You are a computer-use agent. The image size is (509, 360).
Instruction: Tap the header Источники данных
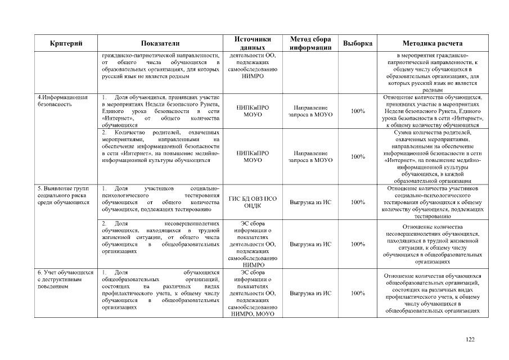click(253, 43)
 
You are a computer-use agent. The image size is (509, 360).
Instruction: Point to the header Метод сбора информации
click(310, 43)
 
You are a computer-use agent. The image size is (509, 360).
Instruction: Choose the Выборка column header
click(357, 43)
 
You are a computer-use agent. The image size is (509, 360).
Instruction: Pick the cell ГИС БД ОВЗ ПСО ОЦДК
click(253, 201)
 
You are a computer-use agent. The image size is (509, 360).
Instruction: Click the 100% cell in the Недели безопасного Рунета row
click(357, 111)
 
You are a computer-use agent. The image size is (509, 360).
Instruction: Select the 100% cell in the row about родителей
click(357, 156)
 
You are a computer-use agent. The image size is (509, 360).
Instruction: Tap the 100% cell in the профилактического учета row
click(357, 293)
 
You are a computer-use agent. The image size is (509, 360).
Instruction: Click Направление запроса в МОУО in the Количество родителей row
click(310, 156)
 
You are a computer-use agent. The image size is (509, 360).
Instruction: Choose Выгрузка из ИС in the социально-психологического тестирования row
click(310, 201)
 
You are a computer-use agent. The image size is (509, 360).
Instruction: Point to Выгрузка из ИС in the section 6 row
click(310, 293)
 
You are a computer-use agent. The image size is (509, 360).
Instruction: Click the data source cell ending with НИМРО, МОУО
click(253, 293)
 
